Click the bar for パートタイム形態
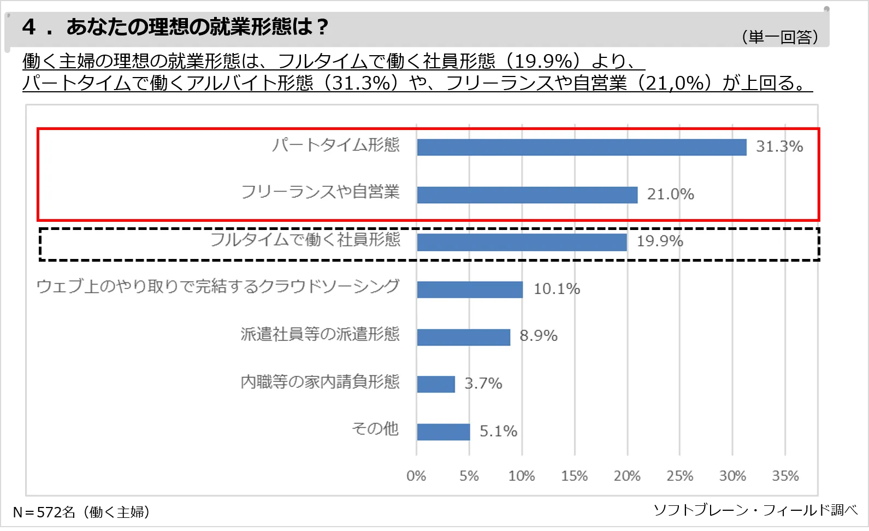pyautogui.click(x=581, y=147)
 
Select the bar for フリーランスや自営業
pyautogui.click(x=527, y=195)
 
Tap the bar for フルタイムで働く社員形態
pyautogui.click(x=522, y=243)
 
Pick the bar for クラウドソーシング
pyautogui.click(x=470, y=290)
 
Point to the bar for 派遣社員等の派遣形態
pyautogui.click(x=463, y=337)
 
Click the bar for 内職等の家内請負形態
pyautogui.click(x=436, y=384)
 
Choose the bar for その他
pyautogui.click(x=443, y=432)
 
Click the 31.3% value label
pyautogui.click(x=779, y=146)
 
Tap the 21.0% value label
pyautogui.click(x=670, y=194)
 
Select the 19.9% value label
pyautogui.click(x=660, y=241)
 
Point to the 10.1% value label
pyautogui.click(x=557, y=288)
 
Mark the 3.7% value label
pyautogui.click(x=483, y=383)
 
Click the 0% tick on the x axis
pyautogui.click(x=416, y=476)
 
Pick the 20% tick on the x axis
pyautogui.click(x=627, y=476)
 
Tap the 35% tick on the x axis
pyautogui.click(x=785, y=476)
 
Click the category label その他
pyautogui.click(x=375, y=429)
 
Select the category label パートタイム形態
pyautogui.click(x=336, y=145)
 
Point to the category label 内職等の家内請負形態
pyautogui.click(x=320, y=381)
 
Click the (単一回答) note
pyautogui.click(x=780, y=37)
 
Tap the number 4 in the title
pyautogui.click(x=29, y=27)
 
